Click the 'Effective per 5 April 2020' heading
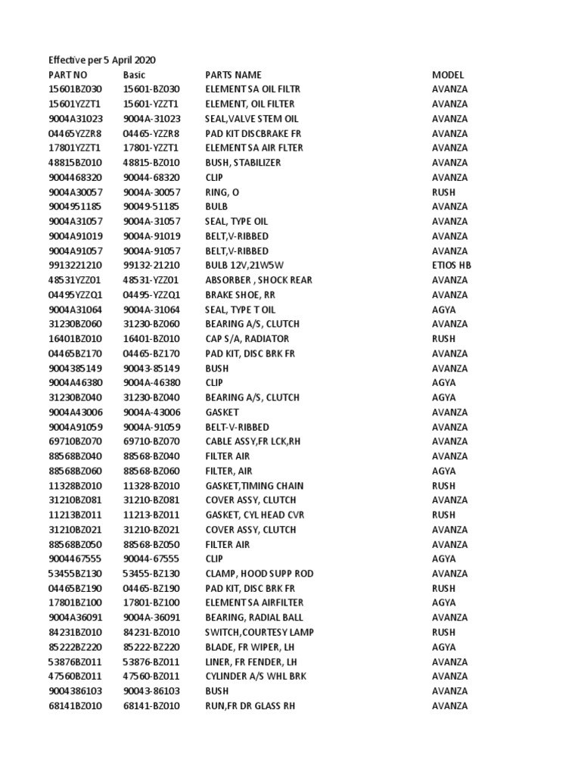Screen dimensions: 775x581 [x=102, y=60]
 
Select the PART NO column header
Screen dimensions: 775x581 [x=68, y=75]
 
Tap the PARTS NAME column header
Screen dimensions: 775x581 [x=233, y=75]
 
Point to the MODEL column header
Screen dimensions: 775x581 [x=448, y=75]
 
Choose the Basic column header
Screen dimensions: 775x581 [x=134, y=75]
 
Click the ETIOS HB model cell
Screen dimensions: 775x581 [x=452, y=266]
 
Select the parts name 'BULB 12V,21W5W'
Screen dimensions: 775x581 [x=246, y=266]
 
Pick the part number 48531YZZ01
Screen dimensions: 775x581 [x=74, y=280]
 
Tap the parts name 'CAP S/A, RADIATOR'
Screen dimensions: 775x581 [x=247, y=339]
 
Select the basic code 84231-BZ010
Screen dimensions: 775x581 [x=151, y=632]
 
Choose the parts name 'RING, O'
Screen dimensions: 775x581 [x=222, y=192]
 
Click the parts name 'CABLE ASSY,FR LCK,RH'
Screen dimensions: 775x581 [x=253, y=441]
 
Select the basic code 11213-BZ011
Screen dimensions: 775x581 [x=151, y=515]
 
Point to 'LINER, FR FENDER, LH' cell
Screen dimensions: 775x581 [x=251, y=661]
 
